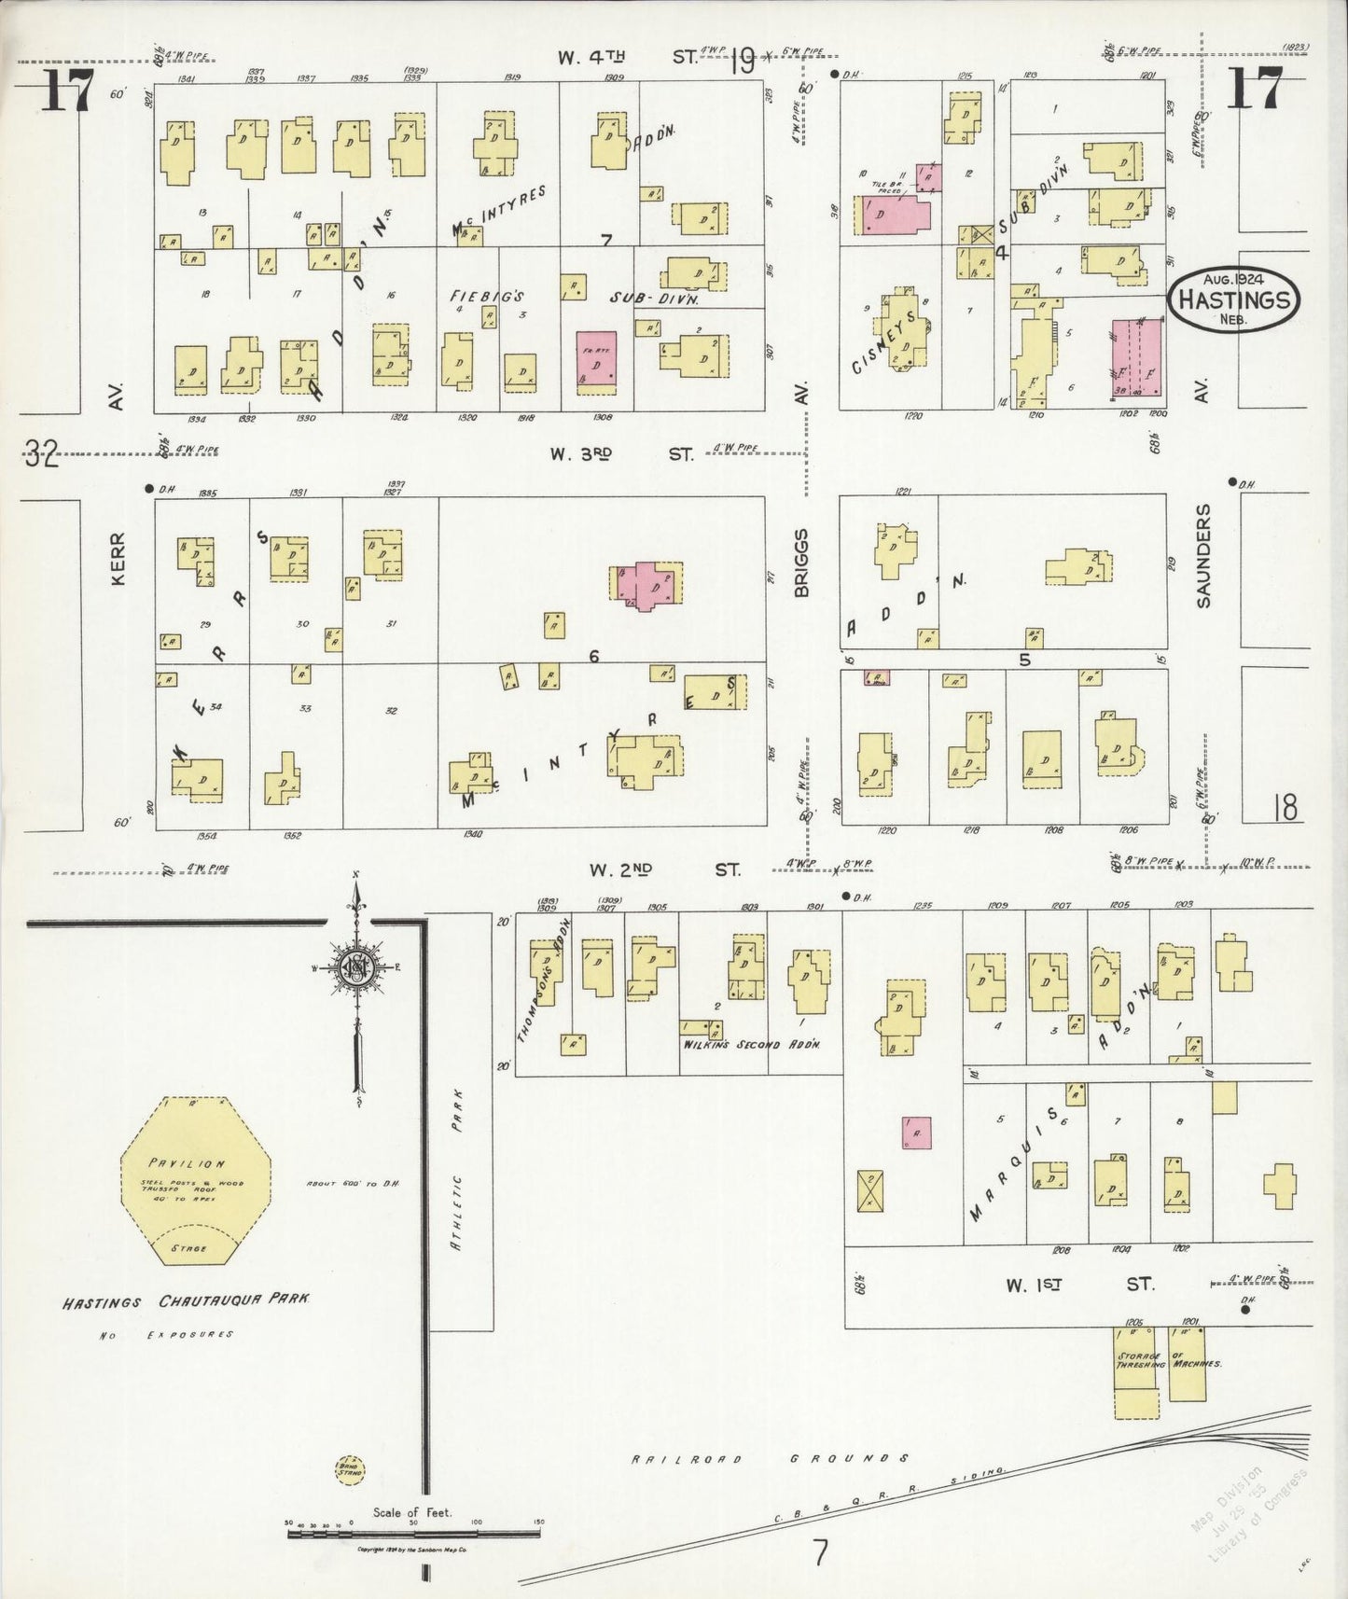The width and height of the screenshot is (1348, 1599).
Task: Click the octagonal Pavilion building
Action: pos(196,1180)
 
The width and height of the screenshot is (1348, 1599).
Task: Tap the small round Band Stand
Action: pos(350,1469)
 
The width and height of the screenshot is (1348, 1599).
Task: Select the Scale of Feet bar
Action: pos(414,1527)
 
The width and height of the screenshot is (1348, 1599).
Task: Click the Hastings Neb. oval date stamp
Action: pos(1234,299)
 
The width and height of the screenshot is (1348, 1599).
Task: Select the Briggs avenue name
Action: pos(801,562)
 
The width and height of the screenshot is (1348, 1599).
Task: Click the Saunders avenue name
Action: pos(1203,555)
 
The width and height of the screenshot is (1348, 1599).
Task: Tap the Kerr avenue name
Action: pos(118,559)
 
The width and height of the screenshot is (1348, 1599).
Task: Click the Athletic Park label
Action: pos(458,1157)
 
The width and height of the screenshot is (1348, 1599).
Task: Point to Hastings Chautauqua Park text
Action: pos(187,1300)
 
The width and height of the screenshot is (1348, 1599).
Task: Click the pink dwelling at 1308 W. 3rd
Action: pos(597,359)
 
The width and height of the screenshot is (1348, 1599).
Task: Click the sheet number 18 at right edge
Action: pos(1285,807)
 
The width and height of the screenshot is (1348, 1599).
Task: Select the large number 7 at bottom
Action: pos(820,1552)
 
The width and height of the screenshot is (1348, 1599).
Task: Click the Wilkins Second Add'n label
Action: pos(751,1044)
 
